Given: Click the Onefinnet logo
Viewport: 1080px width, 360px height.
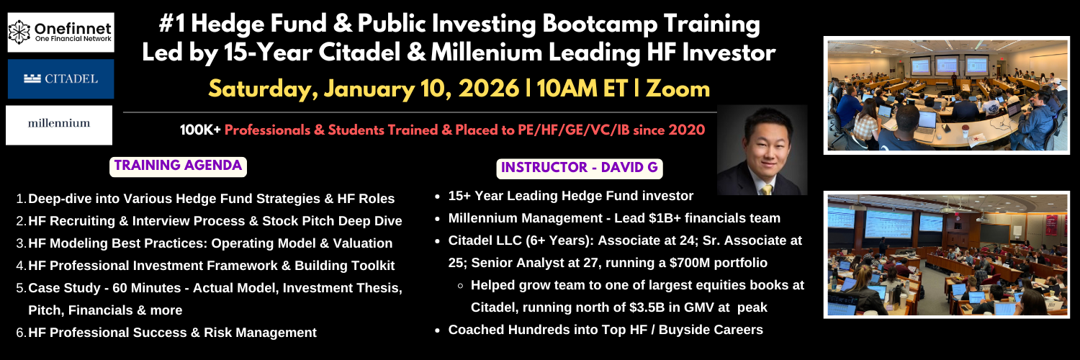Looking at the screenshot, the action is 60,32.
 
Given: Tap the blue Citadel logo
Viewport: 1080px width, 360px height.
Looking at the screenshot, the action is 60,79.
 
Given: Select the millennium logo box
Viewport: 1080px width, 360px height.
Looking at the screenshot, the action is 59,125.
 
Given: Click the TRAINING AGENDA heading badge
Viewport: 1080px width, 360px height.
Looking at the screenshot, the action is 178,166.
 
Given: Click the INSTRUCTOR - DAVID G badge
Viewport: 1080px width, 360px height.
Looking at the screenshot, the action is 580,168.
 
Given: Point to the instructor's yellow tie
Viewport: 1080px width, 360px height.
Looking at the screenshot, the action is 765,189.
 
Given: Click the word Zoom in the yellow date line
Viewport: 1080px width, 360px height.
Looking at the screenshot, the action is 678,89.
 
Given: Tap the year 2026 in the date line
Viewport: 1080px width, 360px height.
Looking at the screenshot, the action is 489,89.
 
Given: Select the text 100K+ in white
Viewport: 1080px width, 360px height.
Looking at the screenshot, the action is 200,130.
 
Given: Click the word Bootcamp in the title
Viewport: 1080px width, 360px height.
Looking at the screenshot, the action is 600,24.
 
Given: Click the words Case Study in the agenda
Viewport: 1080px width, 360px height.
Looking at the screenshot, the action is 64,288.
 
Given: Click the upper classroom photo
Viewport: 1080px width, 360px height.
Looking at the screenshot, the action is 947,96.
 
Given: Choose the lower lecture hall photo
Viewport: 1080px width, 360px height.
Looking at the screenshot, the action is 947,255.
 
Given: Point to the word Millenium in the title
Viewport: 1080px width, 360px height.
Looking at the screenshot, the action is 487,53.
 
